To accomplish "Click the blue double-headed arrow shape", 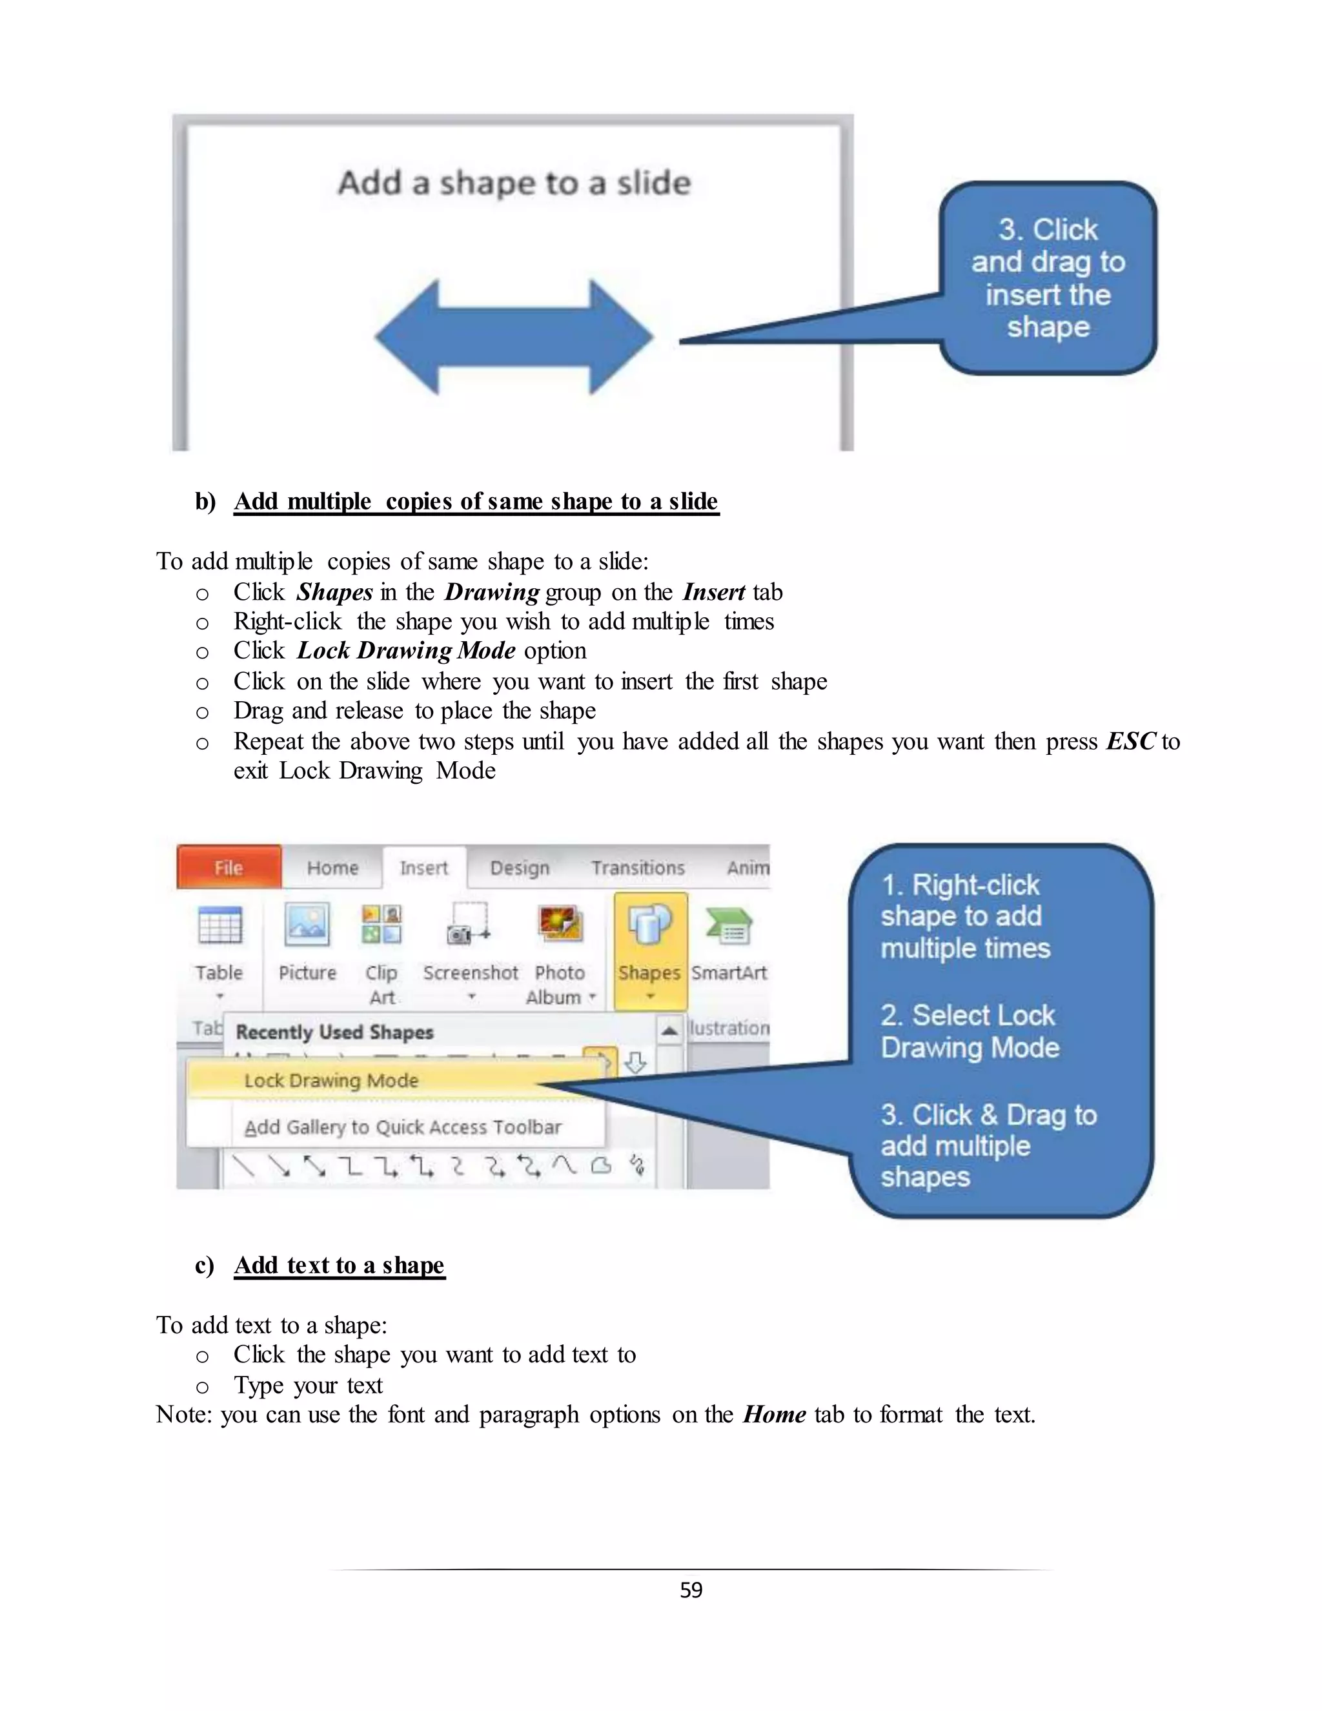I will [x=514, y=337].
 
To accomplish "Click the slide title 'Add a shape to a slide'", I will [x=514, y=183].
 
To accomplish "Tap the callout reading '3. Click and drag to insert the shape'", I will [x=1048, y=278].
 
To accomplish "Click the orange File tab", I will [x=229, y=867].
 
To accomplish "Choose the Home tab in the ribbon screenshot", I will [x=332, y=868].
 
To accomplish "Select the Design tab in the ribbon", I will [x=519, y=868].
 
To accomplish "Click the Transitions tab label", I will [x=638, y=868].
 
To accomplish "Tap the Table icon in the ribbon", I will [x=220, y=927].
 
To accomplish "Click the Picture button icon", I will [x=307, y=925].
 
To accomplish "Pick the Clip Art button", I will [x=381, y=925].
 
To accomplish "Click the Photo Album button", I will [x=560, y=925].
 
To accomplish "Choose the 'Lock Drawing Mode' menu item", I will [x=331, y=1081].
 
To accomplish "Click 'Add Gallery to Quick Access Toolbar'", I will [x=403, y=1127].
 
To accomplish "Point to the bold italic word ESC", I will [x=1130, y=742].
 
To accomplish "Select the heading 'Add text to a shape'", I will [x=339, y=1265].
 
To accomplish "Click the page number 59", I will [x=691, y=1590].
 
